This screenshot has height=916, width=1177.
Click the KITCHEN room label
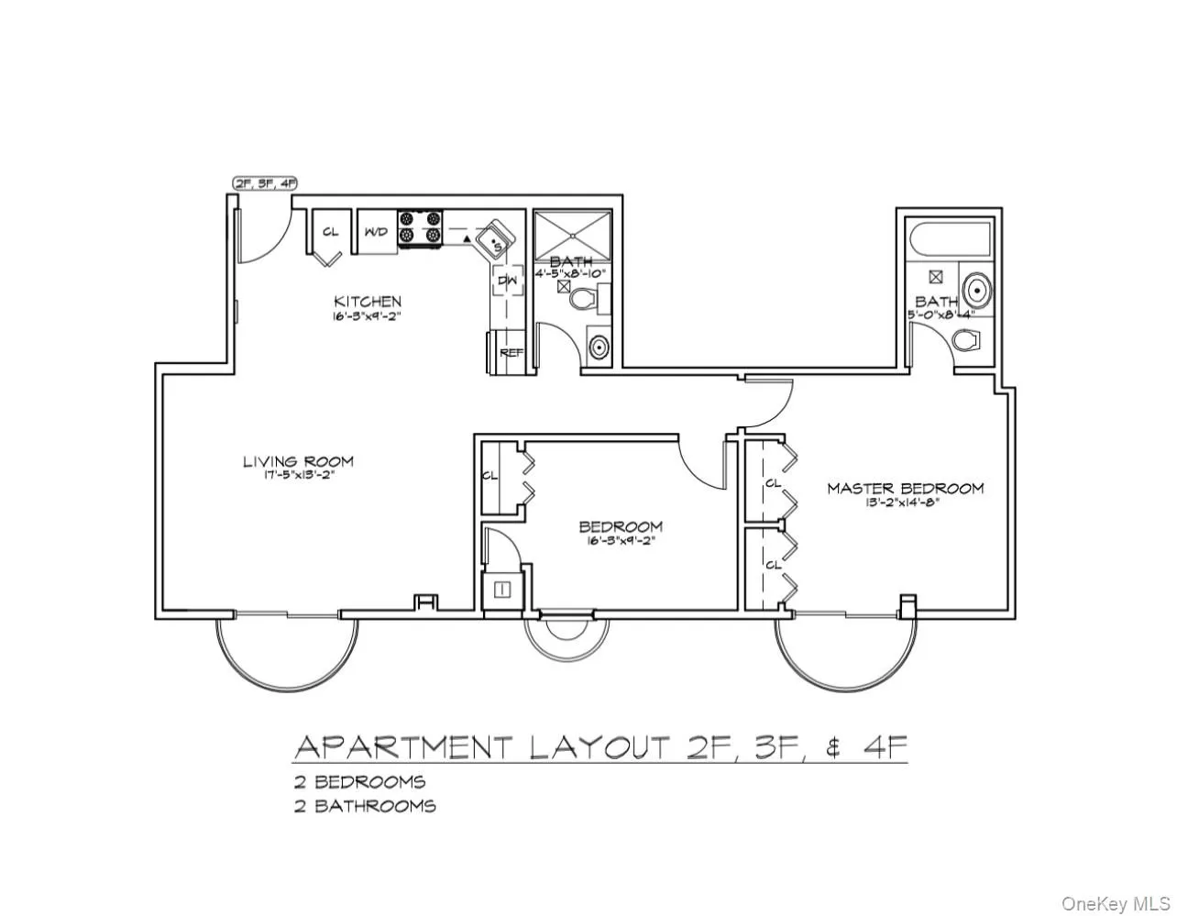coord(367,301)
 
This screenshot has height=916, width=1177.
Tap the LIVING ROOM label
coord(298,461)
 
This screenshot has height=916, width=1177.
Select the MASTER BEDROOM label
coord(905,488)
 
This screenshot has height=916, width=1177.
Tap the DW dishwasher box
coord(508,280)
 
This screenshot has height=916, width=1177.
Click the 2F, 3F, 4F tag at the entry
coord(265,183)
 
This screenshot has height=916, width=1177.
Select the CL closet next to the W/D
coord(330,234)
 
